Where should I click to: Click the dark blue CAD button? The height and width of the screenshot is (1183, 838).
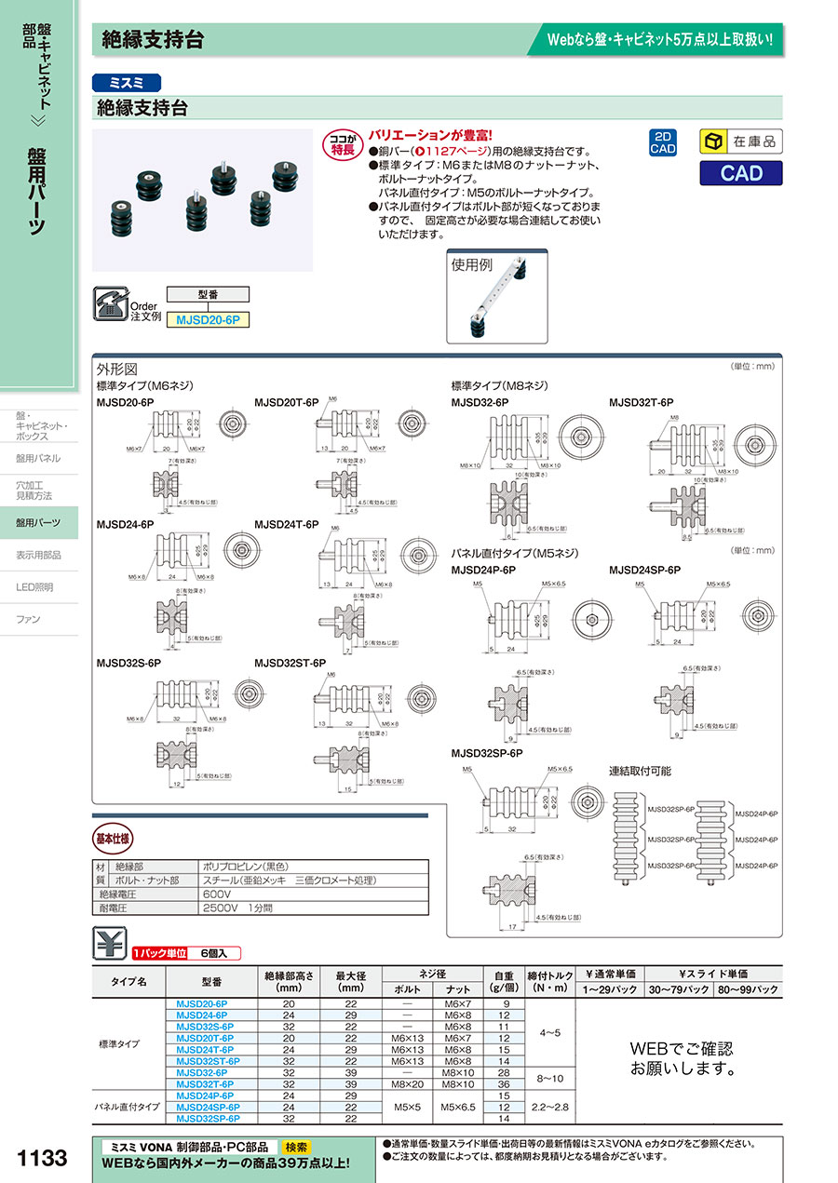coord(741,173)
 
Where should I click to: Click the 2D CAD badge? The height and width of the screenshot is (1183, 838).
coord(663,142)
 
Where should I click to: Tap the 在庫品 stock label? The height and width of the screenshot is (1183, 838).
coord(741,141)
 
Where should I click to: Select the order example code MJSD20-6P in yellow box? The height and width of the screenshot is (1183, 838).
coord(208,318)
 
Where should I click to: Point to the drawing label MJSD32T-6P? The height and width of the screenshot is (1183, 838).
coord(641,402)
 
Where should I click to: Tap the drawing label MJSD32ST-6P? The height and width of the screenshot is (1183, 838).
coord(290,663)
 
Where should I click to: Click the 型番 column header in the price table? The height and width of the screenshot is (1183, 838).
coord(211,981)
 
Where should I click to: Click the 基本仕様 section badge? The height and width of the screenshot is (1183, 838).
coord(114,837)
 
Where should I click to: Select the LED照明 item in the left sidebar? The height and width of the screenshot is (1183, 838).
coord(34,587)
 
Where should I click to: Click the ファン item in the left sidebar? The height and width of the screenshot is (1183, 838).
coord(28,619)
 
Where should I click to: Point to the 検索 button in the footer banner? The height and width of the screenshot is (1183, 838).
coord(296,1147)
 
